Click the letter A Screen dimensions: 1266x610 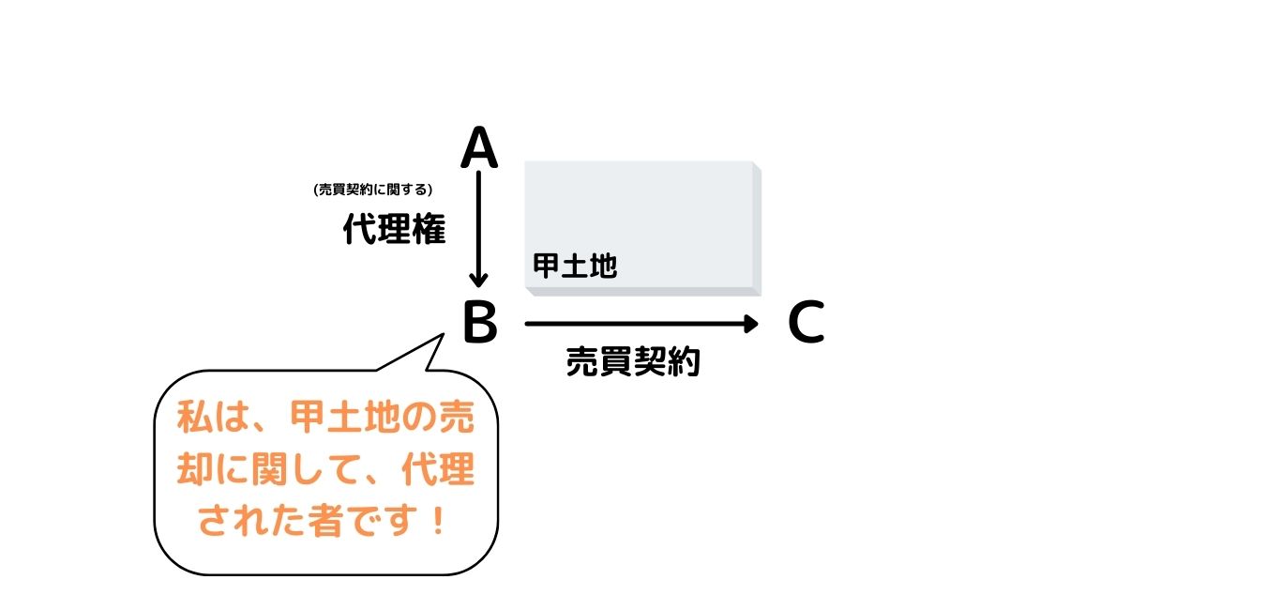pos(479,147)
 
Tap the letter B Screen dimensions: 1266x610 pos(480,322)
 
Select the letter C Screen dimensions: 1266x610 pos(806,322)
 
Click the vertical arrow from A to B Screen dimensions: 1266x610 pos(478,229)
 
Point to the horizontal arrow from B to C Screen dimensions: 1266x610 pos(641,324)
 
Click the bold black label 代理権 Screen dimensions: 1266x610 pos(395,229)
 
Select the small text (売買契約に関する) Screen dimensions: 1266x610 pos(373,190)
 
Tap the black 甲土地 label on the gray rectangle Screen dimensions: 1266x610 pos(575,266)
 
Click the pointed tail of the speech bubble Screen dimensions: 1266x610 pos(443,335)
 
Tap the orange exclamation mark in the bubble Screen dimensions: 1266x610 pos(437,521)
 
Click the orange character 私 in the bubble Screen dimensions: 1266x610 pos(194,418)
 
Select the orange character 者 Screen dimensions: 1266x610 pos(326,521)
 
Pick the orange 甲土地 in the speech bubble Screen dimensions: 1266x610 pos(346,418)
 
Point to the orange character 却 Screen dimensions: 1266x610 pos(194,469)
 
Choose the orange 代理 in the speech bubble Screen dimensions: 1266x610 pos(438,469)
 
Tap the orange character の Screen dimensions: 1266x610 pos(419,418)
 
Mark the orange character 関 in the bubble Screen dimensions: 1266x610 pos(269,469)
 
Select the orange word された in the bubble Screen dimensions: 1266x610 pos(252,521)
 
